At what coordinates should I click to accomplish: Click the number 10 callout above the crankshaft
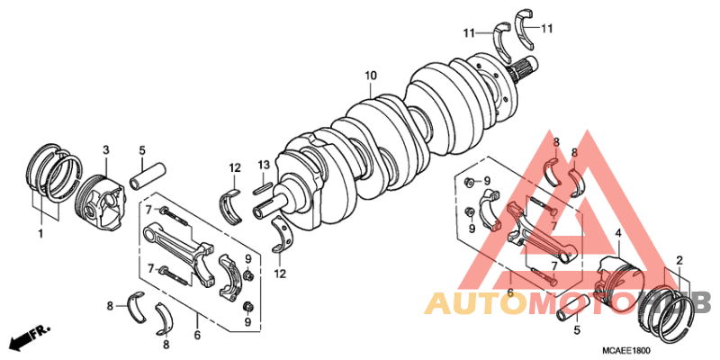pyautogui.click(x=370, y=76)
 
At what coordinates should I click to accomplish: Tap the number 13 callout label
pyautogui.click(x=263, y=164)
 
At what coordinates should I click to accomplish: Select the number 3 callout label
pyautogui.click(x=105, y=149)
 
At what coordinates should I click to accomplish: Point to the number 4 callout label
pyautogui.click(x=617, y=234)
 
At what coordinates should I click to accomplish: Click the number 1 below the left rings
pyautogui.click(x=40, y=234)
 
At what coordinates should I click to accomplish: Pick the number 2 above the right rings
pyautogui.click(x=679, y=260)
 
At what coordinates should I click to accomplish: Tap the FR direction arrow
pyautogui.click(x=29, y=337)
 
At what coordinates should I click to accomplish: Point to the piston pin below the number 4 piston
pyautogui.click(x=573, y=309)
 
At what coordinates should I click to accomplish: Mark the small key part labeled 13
pyautogui.click(x=264, y=186)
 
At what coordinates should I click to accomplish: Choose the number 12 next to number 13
pyautogui.click(x=234, y=168)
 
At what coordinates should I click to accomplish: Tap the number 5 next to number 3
pyautogui.click(x=141, y=149)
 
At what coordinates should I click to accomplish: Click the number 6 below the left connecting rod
pyautogui.click(x=195, y=336)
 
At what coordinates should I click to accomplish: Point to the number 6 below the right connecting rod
pyautogui.click(x=510, y=292)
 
